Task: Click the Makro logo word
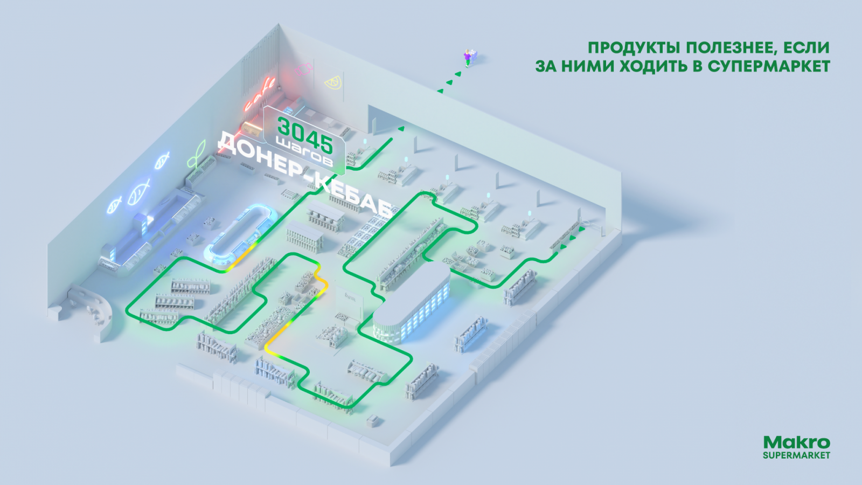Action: pos(796,442)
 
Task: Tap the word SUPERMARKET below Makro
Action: pos(796,455)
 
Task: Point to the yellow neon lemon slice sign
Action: pos(332,82)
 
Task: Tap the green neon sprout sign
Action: pos(197,154)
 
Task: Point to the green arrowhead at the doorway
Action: pos(401,129)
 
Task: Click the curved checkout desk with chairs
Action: pos(92,307)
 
